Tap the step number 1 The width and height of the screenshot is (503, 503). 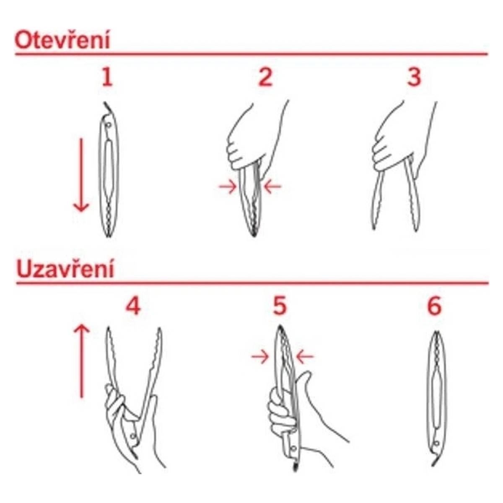point(107,77)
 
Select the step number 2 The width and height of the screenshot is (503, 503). point(265,77)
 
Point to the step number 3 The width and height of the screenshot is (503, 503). point(414,77)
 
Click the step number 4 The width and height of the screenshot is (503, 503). point(133,306)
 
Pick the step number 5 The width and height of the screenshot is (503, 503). point(280,306)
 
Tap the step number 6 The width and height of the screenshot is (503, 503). point(434,306)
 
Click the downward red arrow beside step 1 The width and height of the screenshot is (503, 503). point(81,175)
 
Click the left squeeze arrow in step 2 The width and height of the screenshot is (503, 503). point(228,187)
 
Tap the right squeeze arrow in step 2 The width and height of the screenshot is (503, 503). point(272,187)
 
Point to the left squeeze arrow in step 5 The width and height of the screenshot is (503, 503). point(260,357)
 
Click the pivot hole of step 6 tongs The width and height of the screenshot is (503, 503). point(436,443)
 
